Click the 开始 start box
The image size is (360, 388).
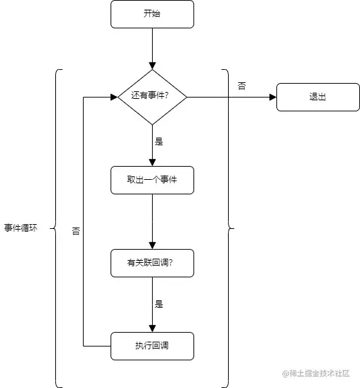(x=152, y=14)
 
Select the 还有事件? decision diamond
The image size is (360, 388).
(x=152, y=97)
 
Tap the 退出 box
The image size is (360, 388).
(x=318, y=97)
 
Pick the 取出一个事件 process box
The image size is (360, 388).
(x=152, y=180)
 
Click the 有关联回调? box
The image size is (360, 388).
(x=152, y=263)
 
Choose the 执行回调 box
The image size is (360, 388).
(x=152, y=346)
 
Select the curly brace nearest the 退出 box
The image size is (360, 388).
(x=227, y=228)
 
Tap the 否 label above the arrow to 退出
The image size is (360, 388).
(x=241, y=86)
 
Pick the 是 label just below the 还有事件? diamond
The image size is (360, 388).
(x=159, y=141)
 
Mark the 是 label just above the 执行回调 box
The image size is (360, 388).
(x=159, y=304)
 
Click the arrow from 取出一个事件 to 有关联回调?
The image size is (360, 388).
(x=152, y=221)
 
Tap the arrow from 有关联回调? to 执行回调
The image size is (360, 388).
(x=152, y=304)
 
